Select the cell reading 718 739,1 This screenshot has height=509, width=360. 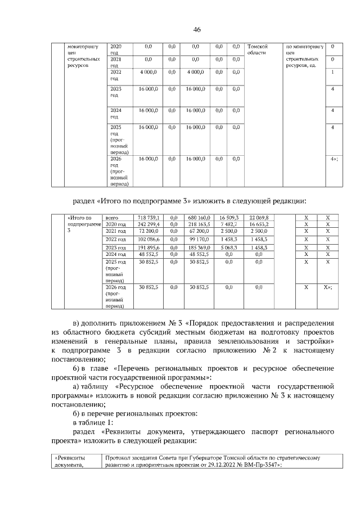(149, 217)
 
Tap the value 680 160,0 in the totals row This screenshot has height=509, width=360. (199, 217)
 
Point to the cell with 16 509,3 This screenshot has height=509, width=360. (228, 217)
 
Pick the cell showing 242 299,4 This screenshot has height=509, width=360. (149, 224)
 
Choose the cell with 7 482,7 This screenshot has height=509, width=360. (228, 224)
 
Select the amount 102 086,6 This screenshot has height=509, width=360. (149, 239)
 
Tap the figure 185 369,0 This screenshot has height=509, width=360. (199, 247)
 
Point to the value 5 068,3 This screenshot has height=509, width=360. (228, 247)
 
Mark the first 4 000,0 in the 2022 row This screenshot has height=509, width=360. (149, 71)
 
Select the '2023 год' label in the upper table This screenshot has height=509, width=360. (116, 92)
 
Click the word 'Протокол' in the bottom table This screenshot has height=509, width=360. (117, 458)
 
